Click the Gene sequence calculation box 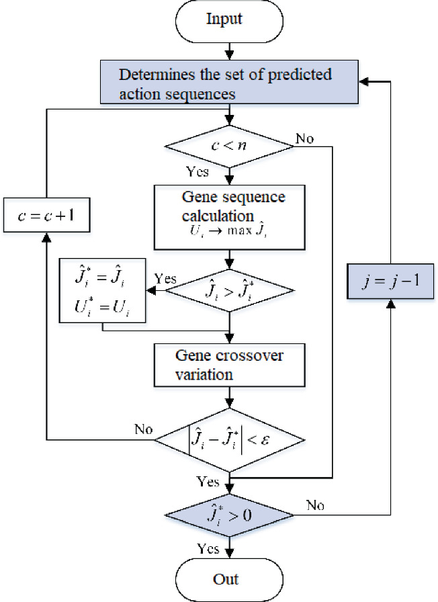[x=230, y=217]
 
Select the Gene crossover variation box [x=230, y=365]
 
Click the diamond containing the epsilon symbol [x=230, y=441]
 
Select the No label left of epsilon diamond [x=143, y=428]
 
